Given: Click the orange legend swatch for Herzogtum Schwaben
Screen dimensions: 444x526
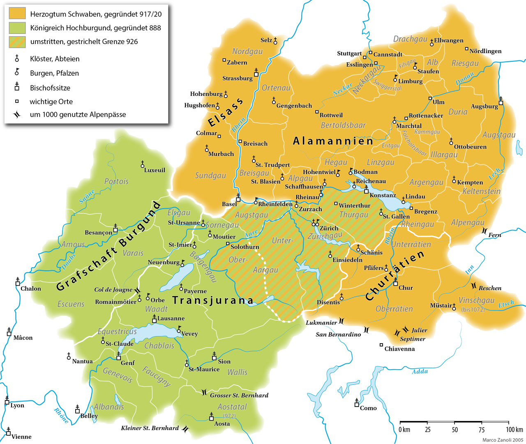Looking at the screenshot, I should click(x=17, y=14).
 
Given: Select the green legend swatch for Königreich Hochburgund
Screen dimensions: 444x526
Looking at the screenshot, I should click(x=17, y=28).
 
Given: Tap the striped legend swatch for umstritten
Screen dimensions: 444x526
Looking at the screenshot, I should click(x=17, y=42).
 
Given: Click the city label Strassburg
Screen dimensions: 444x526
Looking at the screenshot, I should click(x=237, y=78).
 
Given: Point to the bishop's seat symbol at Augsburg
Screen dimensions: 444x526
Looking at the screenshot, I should click(x=501, y=101).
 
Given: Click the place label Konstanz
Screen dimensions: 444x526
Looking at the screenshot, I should click(x=383, y=195).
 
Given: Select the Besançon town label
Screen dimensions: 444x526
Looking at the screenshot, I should click(x=98, y=232).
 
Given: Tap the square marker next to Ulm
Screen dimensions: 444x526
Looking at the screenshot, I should click(x=430, y=98).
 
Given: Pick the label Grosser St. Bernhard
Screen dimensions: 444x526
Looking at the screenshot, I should click(x=239, y=395).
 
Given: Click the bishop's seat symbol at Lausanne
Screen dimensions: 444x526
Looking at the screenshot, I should click(x=154, y=318).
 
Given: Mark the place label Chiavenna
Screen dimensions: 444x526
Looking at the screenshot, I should click(x=399, y=349).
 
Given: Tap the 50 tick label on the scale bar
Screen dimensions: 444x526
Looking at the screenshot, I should click(x=454, y=430).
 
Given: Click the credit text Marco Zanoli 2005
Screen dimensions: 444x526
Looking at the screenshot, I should click(x=503, y=440).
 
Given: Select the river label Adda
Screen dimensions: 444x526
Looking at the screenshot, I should click(x=420, y=372).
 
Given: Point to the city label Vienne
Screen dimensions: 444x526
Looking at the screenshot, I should click(x=21, y=437).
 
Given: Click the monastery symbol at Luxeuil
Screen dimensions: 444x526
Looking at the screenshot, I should click(x=143, y=164).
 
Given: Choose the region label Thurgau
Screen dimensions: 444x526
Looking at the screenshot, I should click(x=353, y=215).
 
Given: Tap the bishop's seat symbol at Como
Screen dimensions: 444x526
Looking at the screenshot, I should click(x=356, y=403).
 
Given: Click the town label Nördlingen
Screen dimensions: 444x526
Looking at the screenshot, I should click(x=485, y=51).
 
